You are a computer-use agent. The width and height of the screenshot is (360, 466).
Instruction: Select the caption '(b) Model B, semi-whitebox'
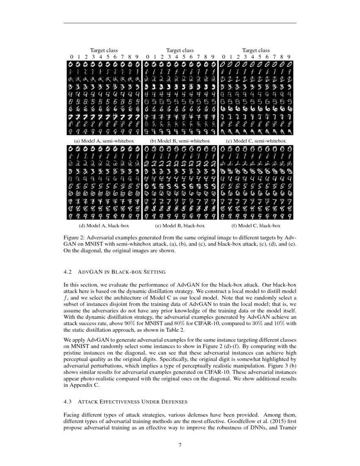point(180,141)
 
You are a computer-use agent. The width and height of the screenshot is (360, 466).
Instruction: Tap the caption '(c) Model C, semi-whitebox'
point(256,141)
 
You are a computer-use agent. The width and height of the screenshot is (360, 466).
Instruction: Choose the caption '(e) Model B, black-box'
point(180,226)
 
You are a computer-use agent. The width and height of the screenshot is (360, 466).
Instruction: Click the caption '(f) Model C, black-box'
point(256,226)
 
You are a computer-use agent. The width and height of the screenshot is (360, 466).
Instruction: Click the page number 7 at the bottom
point(180,444)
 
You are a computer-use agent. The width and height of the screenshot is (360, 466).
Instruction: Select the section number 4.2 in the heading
point(68,272)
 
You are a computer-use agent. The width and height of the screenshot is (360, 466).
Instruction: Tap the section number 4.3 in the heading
point(68,401)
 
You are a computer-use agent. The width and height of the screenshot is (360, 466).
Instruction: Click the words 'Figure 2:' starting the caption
point(75,238)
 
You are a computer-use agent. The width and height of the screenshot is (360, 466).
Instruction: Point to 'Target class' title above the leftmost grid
point(104,50)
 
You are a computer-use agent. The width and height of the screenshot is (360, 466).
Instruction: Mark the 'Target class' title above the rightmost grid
point(256,50)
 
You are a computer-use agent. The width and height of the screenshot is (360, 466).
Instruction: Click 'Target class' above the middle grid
point(180,50)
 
